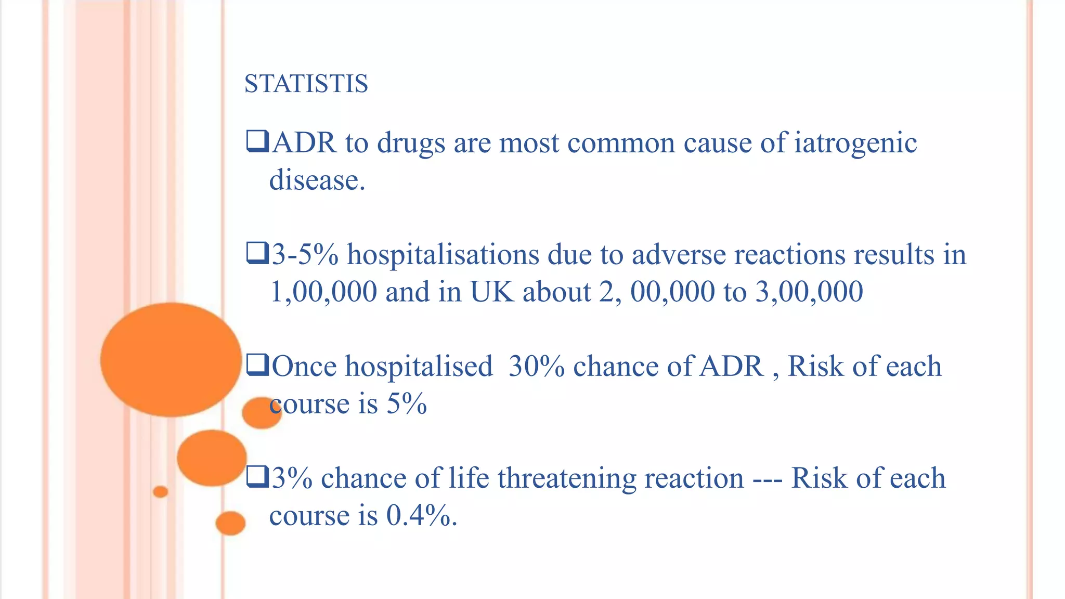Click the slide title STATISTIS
306,84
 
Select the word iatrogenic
855,143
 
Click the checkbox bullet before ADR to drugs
257,142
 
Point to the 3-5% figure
305,255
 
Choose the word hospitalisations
443,255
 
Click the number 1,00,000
323,292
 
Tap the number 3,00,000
809,292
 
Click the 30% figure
537,366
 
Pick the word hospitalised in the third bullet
419,366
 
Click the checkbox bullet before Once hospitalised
257,365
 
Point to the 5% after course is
407,403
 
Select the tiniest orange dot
161,491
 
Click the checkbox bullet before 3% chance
257,477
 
